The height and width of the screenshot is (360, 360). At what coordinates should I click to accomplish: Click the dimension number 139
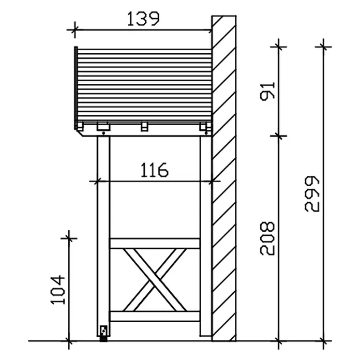pos(143,19)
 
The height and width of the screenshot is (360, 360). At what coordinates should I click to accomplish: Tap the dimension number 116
pos(154,170)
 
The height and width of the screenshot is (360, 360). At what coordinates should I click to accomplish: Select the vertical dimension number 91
pos(267,91)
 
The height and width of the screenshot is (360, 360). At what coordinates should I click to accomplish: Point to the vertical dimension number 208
pos(267,238)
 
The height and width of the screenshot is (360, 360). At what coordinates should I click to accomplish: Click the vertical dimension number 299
pos(312,194)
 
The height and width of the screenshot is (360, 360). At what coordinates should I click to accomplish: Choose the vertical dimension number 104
pos(57,290)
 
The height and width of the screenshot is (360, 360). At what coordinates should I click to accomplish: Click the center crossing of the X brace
pos(155,280)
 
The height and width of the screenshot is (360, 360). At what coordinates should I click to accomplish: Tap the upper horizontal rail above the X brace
pos(155,244)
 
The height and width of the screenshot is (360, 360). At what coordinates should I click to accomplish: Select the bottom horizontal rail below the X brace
pos(155,317)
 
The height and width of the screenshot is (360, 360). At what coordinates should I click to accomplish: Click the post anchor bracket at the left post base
pos(104,333)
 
